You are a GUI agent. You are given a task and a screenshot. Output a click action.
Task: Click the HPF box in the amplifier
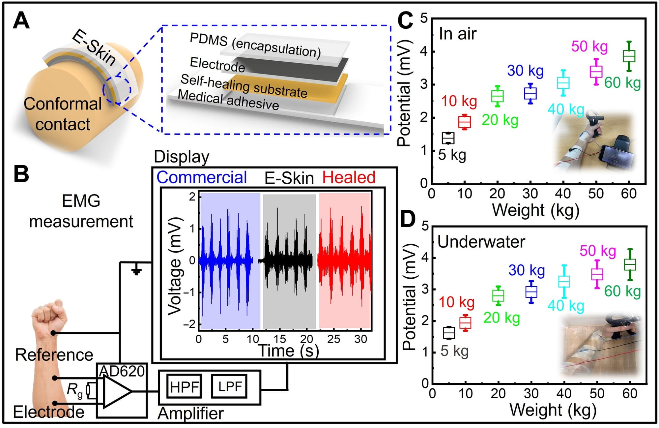[x=184, y=386]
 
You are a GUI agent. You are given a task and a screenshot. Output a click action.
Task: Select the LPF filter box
[x=229, y=386]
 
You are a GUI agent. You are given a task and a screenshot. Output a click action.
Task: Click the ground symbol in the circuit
[x=136, y=271]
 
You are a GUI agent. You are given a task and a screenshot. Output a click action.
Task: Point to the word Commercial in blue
[x=202, y=177]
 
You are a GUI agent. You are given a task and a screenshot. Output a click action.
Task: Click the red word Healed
[x=349, y=177]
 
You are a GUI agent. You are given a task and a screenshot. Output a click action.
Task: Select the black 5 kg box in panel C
[x=448, y=138]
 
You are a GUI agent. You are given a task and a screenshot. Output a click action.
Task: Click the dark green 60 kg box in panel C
[x=629, y=56]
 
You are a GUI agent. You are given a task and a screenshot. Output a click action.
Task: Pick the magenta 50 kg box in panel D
[x=597, y=274]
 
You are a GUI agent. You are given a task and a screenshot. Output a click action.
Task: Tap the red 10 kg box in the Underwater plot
[x=465, y=323]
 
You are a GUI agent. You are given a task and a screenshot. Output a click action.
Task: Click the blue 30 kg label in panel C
[x=525, y=71]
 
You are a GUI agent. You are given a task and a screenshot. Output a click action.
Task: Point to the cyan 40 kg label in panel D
[x=566, y=306]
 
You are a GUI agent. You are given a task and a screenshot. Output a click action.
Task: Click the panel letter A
[x=21, y=21]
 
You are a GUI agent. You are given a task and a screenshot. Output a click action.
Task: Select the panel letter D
[x=407, y=219]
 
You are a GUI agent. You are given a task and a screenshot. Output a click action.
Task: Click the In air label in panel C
[x=458, y=34]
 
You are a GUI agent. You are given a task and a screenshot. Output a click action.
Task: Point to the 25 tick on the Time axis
[x=333, y=339]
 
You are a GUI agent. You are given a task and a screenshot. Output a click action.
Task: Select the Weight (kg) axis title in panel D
[x=553, y=410]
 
